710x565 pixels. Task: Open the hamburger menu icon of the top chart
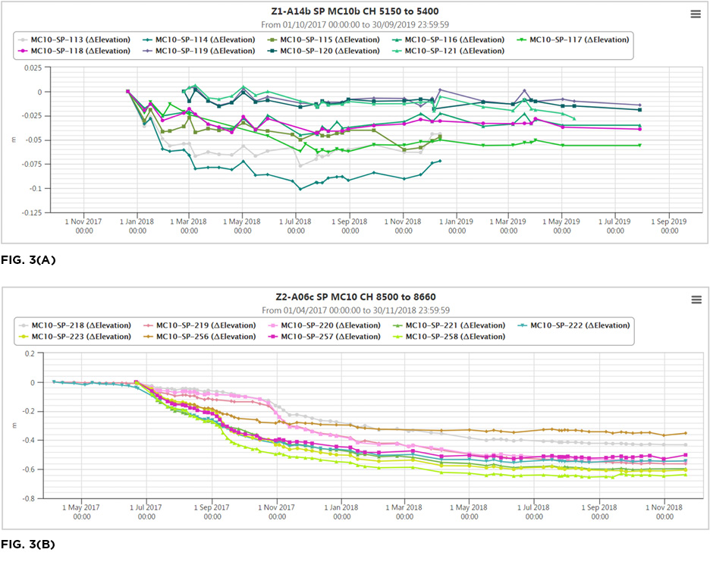click(695, 14)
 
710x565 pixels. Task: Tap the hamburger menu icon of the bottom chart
click(695, 300)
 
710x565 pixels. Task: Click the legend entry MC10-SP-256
click(206, 336)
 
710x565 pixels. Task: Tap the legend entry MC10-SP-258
click(454, 336)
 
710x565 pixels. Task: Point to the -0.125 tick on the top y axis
click(31, 212)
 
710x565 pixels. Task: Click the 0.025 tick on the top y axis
click(33, 67)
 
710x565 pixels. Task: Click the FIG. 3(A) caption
click(28, 259)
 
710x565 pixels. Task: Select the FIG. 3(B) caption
click(28, 545)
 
